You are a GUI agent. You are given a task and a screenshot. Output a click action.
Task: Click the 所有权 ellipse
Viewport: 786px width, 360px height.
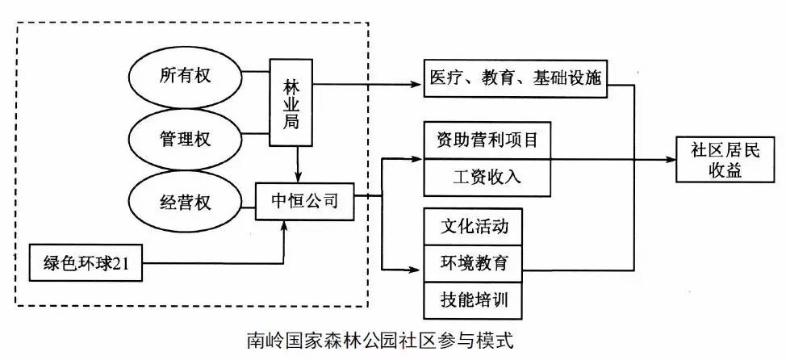pyautogui.click(x=186, y=77)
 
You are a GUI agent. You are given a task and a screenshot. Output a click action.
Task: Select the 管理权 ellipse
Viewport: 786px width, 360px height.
pyautogui.click(x=186, y=138)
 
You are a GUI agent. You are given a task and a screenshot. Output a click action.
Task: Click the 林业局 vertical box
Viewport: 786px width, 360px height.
pyautogui.click(x=291, y=102)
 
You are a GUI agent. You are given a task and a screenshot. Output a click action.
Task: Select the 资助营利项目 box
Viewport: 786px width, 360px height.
pyautogui.click(x=487, y=140)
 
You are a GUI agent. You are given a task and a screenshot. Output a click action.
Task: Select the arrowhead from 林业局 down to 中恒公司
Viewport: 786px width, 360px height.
pyautogui.click(x=299, y=178)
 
